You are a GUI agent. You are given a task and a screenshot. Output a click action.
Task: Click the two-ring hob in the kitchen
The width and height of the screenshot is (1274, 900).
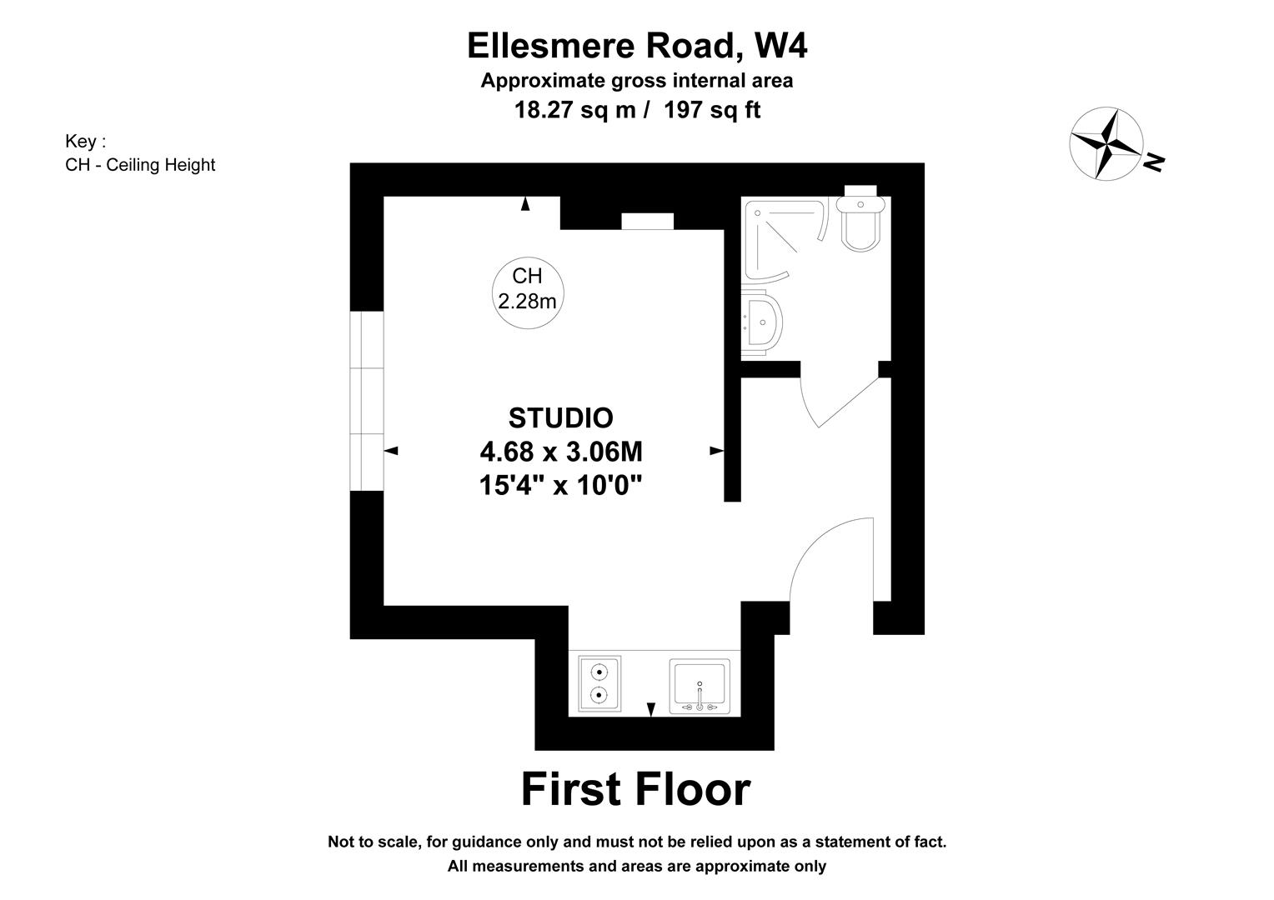(x=599, y=683)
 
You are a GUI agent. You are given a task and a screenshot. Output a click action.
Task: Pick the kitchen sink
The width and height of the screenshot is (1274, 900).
(x=700, y=686)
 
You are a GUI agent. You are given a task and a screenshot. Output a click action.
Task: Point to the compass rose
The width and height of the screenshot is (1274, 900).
(x=1106, y=143)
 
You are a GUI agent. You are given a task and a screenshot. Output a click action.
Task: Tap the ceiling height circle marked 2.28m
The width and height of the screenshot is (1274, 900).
(x=527, y=288)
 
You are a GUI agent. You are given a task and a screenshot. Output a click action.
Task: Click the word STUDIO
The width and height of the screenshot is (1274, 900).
(x=560, y=417)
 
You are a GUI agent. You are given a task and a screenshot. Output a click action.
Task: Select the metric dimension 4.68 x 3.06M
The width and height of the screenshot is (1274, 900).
(x=560, y=452)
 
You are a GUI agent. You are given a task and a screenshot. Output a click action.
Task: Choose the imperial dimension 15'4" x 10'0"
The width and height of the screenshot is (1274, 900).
(x=560, y=485)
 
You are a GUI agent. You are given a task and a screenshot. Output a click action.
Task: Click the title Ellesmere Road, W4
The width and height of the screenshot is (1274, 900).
(x=637, y=46)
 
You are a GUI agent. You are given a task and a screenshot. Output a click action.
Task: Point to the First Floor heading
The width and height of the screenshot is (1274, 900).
(x=635, y=788)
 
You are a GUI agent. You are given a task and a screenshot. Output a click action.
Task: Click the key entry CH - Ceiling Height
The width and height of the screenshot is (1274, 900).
(x=140, y=165)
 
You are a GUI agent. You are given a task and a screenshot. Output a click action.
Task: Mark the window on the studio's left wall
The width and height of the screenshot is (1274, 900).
(x=367, y=401)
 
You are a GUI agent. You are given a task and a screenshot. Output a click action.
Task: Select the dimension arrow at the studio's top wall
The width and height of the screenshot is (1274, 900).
(x=525, y=203)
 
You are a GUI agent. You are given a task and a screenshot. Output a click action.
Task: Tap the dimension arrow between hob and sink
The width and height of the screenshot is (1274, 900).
(x=651, y=708)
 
